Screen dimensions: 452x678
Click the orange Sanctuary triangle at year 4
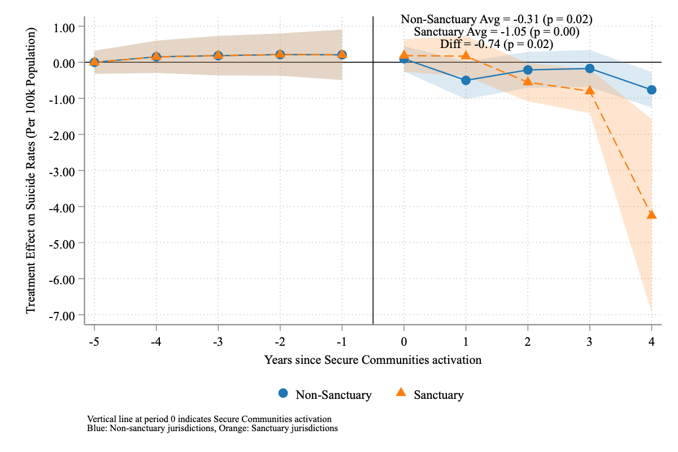[x=651, y=215]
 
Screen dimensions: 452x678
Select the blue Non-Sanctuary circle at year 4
[x=651, y=90]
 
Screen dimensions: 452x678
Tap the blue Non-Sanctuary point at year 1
[x=466, y=80]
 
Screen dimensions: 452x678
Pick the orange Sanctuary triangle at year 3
[x=590, y=90]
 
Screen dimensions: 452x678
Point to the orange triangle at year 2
[x=528, y=81]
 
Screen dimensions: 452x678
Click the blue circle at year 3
[x=590, y=68]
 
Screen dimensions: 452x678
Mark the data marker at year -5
[x=94, y=62]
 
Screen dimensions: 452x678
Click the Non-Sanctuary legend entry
[x=325, y=394]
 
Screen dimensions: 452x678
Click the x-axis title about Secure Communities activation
[x=373, y=359]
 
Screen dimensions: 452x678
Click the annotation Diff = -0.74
[x=496, y=44]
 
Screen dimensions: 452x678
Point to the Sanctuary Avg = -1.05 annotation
[x=496, y=32]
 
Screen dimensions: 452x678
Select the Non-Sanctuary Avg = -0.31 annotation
[x=496, y=19]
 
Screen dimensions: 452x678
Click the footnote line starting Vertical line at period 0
[x=209, y=419]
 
